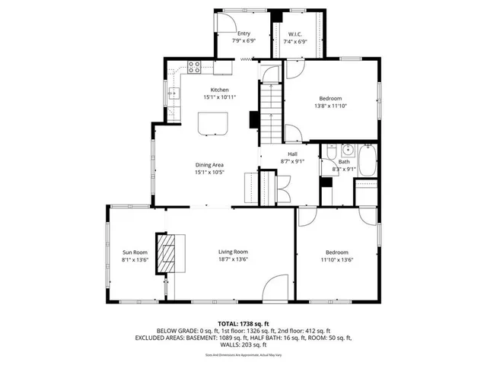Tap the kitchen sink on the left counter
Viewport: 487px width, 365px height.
[173, 94]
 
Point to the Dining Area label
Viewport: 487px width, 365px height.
[209, 165]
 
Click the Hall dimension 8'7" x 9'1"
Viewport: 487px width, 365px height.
[292, 161]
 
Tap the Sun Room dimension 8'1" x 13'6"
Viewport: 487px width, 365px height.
[135, 259]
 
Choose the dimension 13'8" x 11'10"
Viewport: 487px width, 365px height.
[329, 106]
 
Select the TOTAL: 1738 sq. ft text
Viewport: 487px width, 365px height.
[243, 324]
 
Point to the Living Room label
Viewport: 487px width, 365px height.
[233, 252]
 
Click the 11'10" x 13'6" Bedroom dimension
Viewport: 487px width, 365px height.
[336, 259]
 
